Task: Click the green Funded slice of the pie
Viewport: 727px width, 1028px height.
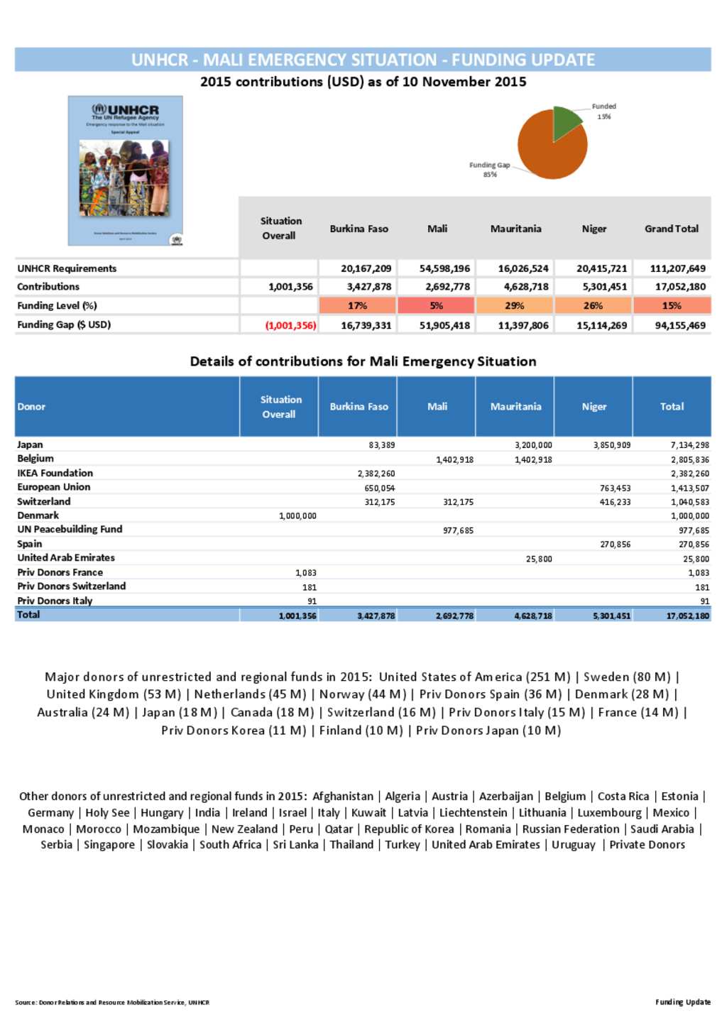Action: [x=566, y=121]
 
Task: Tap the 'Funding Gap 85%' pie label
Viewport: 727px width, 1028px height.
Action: [x=489, y=170]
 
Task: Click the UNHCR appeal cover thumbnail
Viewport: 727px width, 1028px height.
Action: [x=125, y=170]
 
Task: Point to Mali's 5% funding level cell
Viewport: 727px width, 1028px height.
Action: [x=436, y=306]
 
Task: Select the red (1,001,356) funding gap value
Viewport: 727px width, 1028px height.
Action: [x=290, y=325]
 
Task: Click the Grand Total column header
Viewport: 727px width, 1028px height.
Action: [x=671, y=229]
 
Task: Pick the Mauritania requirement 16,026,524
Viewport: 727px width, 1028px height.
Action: [x=523, y=268]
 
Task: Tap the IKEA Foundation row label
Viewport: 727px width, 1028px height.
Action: [x=55, y=473]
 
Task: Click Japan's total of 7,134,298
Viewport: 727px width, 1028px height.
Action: [x=689, y=445]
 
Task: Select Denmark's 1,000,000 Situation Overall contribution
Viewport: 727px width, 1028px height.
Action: [x=297, y=516]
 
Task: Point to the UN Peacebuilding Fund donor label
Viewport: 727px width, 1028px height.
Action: [x=70, y=530]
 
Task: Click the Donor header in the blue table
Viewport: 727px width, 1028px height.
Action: [x=31, y=407]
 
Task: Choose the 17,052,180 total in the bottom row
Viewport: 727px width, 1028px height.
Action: [x=687, y=616]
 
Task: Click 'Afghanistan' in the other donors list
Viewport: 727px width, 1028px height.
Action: [x=342, y=797]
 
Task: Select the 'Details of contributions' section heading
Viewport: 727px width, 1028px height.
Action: [x=363, y=361]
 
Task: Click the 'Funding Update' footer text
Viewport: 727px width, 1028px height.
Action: [x=682, y=1002]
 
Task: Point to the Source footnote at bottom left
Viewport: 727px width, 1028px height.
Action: [x=112, y=1002]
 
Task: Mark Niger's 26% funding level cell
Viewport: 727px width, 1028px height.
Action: [x=593, y=306]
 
